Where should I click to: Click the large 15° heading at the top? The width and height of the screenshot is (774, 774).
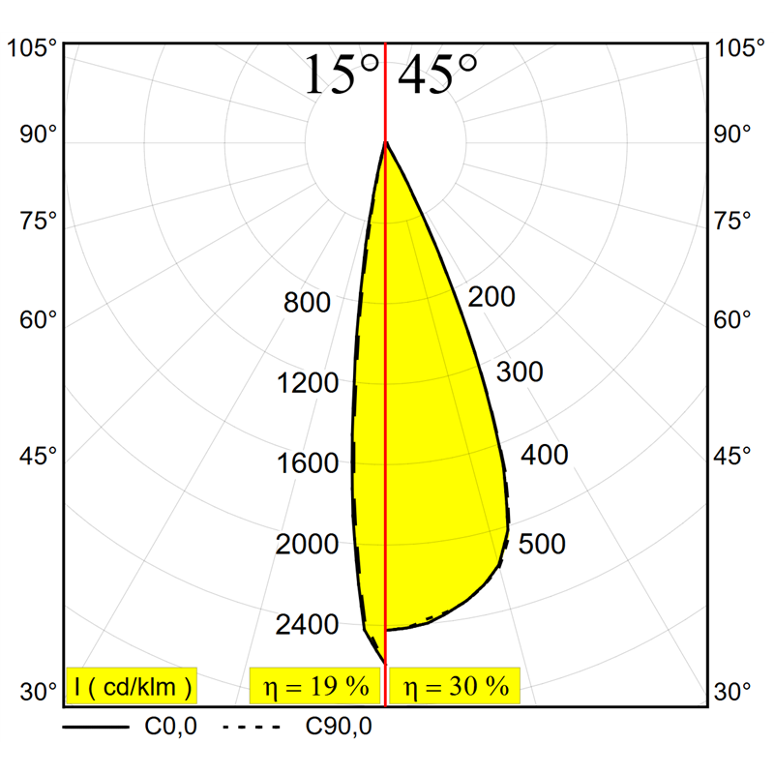pyautogui.click(x=341, y=74)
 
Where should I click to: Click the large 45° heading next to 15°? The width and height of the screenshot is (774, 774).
pyautogui.click(x=438, y=74)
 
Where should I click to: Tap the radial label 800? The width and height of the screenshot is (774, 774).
pyautogui.click(x=307, y=303)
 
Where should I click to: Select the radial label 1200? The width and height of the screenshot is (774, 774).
pyautogui.click(x=307, y=383)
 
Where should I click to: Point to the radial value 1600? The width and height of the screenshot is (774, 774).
pyautogui.click(x=307, y=463)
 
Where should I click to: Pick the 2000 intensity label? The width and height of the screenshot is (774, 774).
pyautogui.click(x=307, y=545)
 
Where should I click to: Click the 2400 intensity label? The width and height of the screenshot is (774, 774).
pyautogui.click(x=307, y=625)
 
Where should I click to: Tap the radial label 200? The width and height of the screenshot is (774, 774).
pyautogui.click(x=491, y=297)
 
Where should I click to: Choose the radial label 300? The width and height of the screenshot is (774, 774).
pyautogui.click(x=520, y=372)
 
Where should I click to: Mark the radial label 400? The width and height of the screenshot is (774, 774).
pyautogui.click(x=545, y=455)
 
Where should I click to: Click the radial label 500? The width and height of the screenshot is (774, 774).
pyautogui.click(x=542, y=544)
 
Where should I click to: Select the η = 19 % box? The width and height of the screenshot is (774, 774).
pyautogui.click(x=315, y=687)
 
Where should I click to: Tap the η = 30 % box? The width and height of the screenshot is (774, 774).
pyautogui.click(x=455, y=687)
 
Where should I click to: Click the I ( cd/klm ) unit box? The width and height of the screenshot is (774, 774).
pyautogui.click(x=132, y=687)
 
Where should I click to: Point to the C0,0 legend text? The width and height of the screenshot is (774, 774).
pyautogui.click(x=171, y=726)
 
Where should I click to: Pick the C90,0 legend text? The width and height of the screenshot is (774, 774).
pyautogui.click(x=339, y=726)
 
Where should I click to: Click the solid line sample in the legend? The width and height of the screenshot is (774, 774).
pyautogui.click(x=96, y=726)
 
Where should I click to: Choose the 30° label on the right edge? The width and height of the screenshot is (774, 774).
pyautogui.click(x=732, y=692)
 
